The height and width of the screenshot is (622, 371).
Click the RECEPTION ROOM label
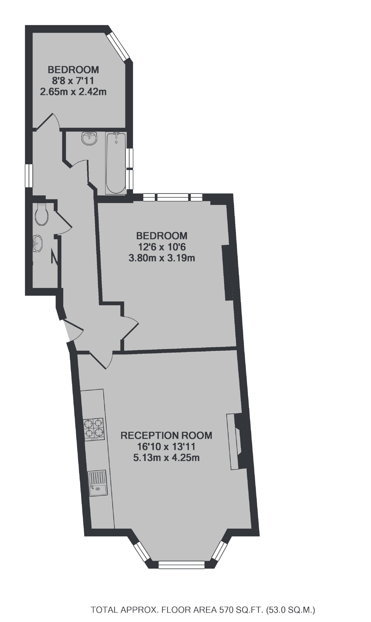point(166,435)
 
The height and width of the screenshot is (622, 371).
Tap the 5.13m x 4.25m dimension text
point(166,458)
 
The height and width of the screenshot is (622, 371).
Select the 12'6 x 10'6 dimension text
point(162,247)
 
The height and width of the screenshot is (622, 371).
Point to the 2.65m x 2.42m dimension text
point(73,92)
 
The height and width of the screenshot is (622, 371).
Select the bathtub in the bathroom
point(116,163)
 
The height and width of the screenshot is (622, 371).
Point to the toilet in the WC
point(41,214)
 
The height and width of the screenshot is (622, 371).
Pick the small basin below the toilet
point(37,243)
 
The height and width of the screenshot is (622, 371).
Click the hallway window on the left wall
point(29,175)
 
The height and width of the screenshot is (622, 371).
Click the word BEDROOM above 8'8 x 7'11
point(73,70)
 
